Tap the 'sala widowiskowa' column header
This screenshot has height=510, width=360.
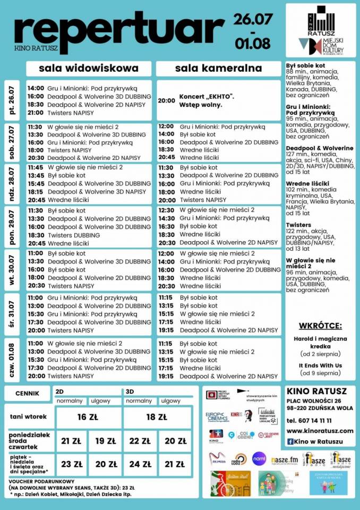pyautogui.click(x=89, y=68)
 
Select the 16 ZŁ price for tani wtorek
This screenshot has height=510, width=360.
pyautogui.click(x=89, y=417)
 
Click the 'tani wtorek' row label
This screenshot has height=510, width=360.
pyautogui.click(x=28, y=417)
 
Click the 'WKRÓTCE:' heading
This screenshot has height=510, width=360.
pyautogui.click(x=320, y=326)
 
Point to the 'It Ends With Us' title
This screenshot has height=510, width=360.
pyautogui.click(x=320, y=365)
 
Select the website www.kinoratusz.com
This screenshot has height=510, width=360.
pyautogui.click(x=320, y=430)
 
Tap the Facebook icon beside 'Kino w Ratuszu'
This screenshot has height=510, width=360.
pyautogui.click(x=290, y=441)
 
